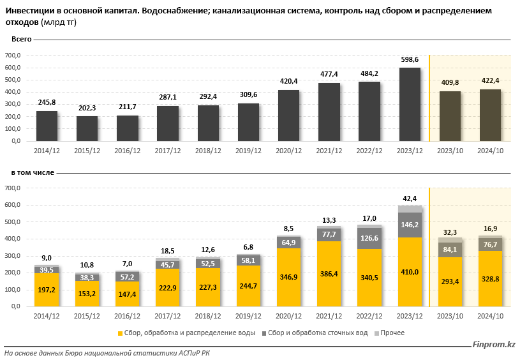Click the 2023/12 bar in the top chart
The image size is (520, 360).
(x=410, y=104)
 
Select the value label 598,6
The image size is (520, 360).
(x=410, y=59)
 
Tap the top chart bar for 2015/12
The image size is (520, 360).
(x=87, y=128)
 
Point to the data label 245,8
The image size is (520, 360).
(x=47, y=103)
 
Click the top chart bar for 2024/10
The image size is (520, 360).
(x=490, y=115)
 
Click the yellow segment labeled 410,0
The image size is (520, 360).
(x=410, y=272)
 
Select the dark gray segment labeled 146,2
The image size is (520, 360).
(x=410, y=225)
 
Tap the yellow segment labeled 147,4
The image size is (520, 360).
(x=128, y=294)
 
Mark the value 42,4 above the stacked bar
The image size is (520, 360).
(x=410, y=198)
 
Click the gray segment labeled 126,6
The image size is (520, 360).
(x=369, y=239)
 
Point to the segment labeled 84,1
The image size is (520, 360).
(x=450, y=249)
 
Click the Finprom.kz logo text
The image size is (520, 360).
(x=493, y=345)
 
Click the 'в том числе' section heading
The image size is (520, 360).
(x=32, y=172)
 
